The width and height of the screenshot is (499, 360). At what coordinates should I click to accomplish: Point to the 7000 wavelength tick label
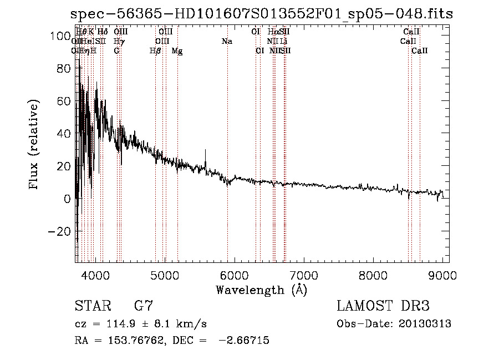pos(303,275)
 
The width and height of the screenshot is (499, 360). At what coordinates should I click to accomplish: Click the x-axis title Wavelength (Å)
pos(262,290)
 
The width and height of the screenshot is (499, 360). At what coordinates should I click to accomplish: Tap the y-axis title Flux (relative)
pos(35,145)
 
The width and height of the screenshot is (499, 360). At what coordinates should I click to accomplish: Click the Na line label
pos(226,42)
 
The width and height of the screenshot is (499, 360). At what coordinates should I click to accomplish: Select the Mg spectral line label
pos(177,51)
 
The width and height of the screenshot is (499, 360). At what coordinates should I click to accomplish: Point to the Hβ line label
pos(156,51)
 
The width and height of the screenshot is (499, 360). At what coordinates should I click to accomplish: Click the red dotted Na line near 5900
pos(227,139)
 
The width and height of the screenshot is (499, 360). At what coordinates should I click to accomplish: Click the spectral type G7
pos(144,306)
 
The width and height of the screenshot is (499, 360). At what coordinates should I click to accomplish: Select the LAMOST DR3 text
pos(383,306)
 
